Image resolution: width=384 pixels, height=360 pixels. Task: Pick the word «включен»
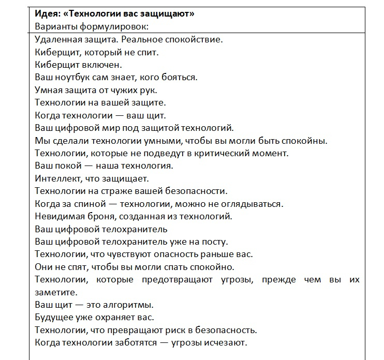tap(102, 65)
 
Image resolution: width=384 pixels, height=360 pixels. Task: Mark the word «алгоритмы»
tap(132, 305)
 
